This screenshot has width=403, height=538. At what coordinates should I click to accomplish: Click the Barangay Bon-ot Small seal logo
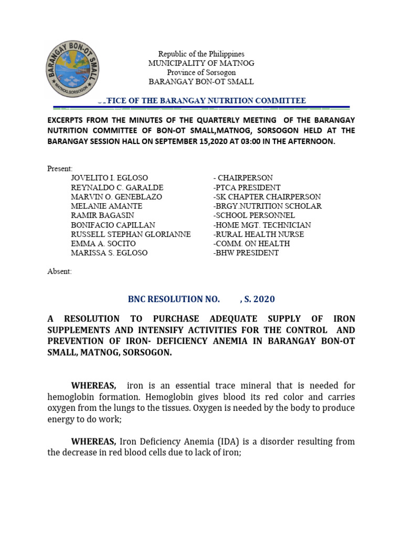(x=71, y=68)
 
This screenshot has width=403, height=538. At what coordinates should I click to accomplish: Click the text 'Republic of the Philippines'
(x=201, y=54)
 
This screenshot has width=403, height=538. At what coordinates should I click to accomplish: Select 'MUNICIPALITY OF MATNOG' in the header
(x=201, y=63)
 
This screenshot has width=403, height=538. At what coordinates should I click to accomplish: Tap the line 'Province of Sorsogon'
(x=201, y=73)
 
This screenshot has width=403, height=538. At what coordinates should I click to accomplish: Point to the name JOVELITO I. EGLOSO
(x=109, y=178)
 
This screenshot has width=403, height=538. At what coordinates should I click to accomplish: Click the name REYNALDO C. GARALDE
(x=117, y=188)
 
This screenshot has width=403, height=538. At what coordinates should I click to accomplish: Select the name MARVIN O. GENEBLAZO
(x=116, y=197)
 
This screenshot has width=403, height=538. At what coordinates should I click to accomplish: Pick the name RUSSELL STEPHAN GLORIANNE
(x=131, y=234)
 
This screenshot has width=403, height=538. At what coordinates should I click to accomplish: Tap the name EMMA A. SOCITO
(x=103, y=244)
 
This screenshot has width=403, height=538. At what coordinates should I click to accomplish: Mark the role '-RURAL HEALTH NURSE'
(x=258, y=234)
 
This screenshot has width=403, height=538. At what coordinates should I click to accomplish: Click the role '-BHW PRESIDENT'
(x=246, y=253)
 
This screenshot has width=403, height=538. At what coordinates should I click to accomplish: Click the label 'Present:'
(x=60, y=169)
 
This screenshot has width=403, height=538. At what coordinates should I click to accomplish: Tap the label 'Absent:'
(x=59, y=272)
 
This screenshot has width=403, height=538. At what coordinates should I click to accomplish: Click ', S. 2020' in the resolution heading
(x=257, y=299)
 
